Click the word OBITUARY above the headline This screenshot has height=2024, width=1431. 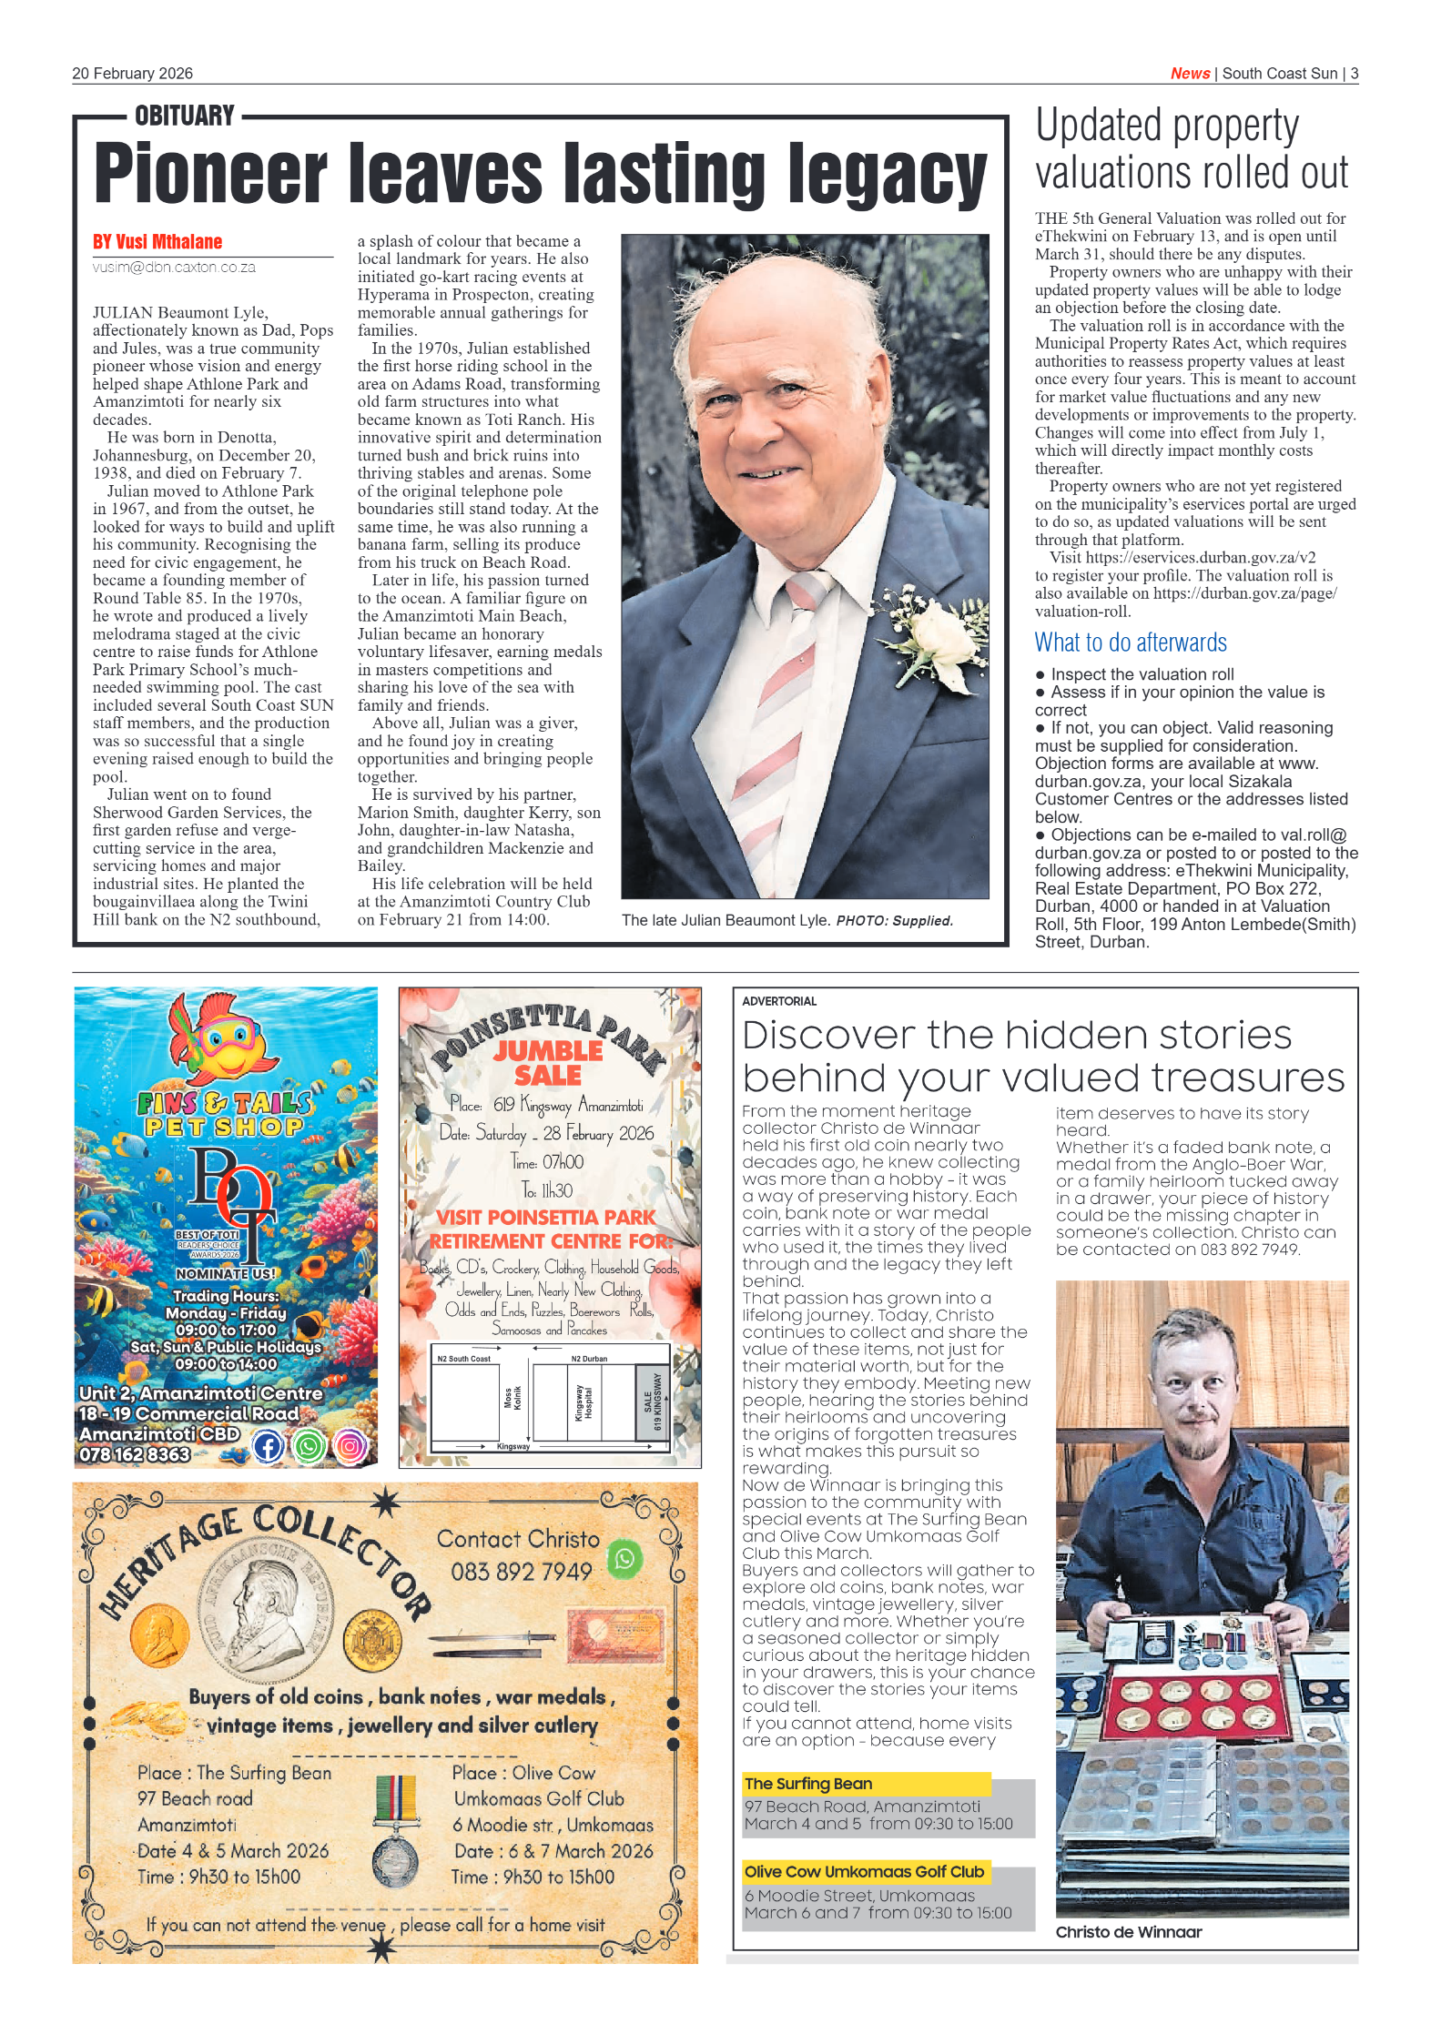pos(185,116)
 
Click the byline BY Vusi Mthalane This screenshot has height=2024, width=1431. pos(157,242)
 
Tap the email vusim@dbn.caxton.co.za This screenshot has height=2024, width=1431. pos(174,268)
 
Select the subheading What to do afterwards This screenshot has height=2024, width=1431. pos(1130,643)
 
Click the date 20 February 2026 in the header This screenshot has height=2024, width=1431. pos(132,74)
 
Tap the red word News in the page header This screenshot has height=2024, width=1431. pos(1189,74)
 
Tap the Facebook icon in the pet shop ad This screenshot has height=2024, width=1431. pos(268,1446)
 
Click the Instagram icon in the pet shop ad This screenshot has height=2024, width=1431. pos(350,1446)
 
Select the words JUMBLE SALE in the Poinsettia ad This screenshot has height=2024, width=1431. pos(548,1063)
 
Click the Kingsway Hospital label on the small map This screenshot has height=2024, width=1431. pos(584,1402)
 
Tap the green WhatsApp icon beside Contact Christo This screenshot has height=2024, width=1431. pos(624,1559)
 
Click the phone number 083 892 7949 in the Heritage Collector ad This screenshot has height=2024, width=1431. pos(521,1572)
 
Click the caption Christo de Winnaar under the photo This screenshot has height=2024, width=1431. pos(1128,1932)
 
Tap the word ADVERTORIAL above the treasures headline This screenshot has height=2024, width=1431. pos(779,1001)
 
